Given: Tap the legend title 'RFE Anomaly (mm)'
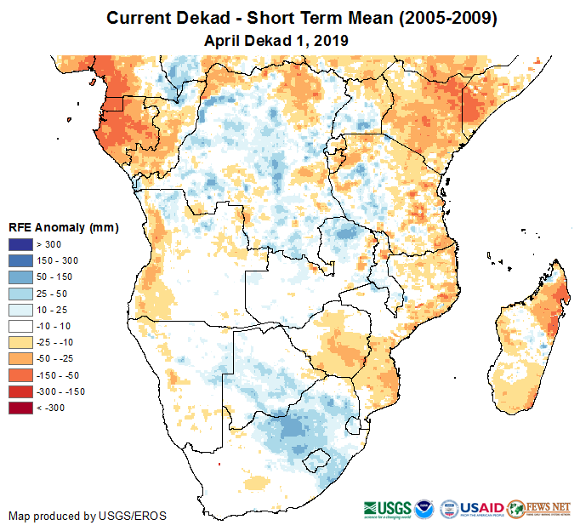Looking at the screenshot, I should [x=63, y=227].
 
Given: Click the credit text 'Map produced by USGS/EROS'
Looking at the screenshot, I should [x=88, y=516].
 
